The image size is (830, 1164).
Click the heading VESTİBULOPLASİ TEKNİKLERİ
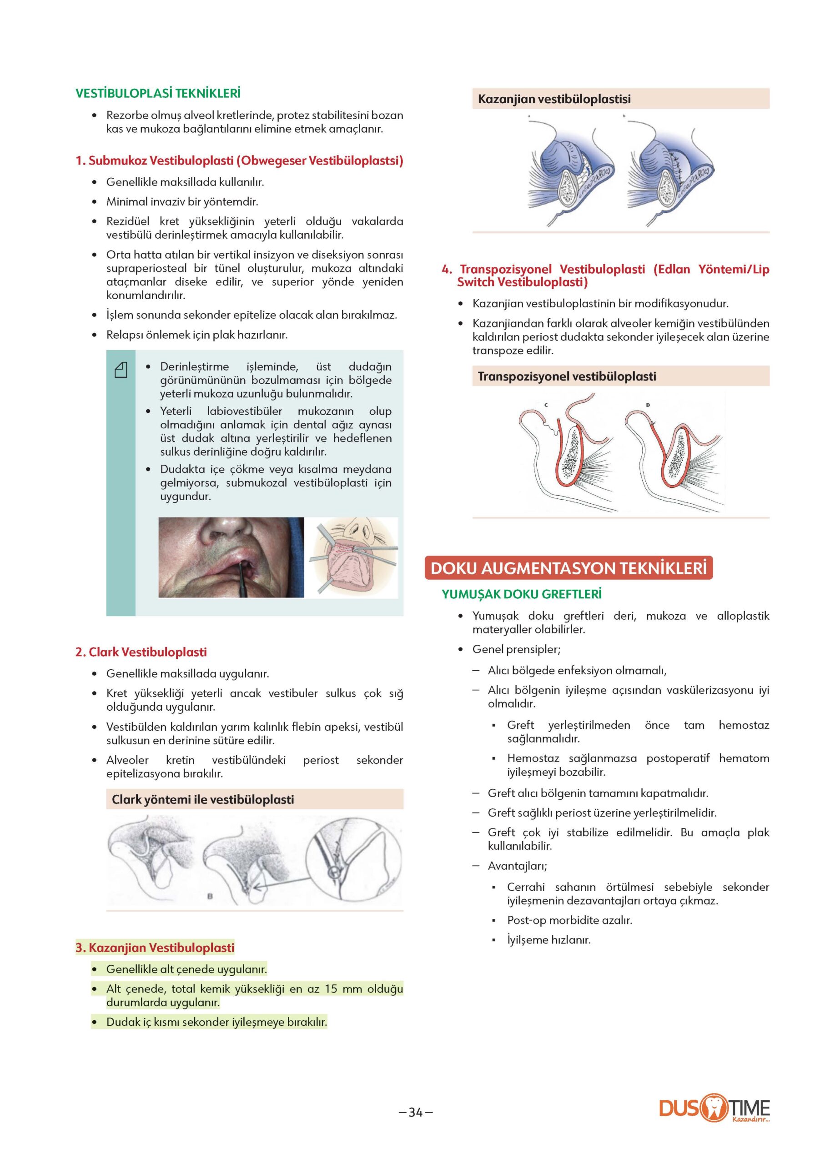(x=158, y=94)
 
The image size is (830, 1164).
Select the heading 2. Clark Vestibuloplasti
(x=141, y=652)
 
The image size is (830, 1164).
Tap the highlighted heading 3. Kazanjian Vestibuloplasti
(x=155, y=948)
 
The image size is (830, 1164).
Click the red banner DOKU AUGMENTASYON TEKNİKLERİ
(x=568, y=569)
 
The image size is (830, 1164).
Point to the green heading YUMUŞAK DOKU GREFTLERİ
(x=521, y=594)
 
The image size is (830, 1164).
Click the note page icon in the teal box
(x=121, y=370)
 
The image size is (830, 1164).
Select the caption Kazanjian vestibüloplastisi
(x=554, y=99)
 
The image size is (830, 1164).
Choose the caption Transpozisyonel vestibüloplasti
(x=566, y=376)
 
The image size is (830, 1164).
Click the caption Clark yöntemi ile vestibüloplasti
(x=203, y=800)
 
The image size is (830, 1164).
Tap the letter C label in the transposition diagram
(x=546, y=405)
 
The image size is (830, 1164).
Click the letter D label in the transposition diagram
(x=648, y=405)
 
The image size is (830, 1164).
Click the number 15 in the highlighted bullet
(x=331, y=989)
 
